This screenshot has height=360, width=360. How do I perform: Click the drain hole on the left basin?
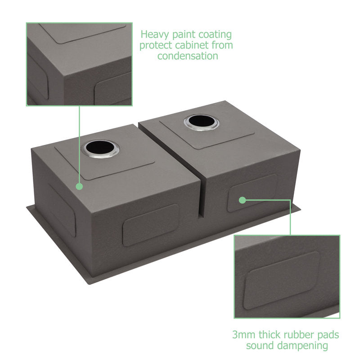pos(101,148)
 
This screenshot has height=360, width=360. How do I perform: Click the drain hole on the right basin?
pos(201,122)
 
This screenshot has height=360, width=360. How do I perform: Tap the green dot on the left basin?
pos(79,186)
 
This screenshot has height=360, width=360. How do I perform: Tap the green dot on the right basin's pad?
pos(242,200)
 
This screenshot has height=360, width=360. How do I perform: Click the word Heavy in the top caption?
pos(155,35)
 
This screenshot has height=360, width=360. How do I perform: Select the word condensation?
pos(188,56)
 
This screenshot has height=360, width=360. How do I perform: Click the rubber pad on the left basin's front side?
pos(151,225)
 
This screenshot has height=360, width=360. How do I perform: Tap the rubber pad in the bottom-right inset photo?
pos(282,280)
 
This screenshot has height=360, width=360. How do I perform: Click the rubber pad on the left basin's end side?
pos(62,210)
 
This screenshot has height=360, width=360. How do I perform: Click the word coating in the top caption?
pos(215,35)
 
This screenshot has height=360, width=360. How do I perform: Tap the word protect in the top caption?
pos(156,45)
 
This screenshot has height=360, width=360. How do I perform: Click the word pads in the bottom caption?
pos(328,334)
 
